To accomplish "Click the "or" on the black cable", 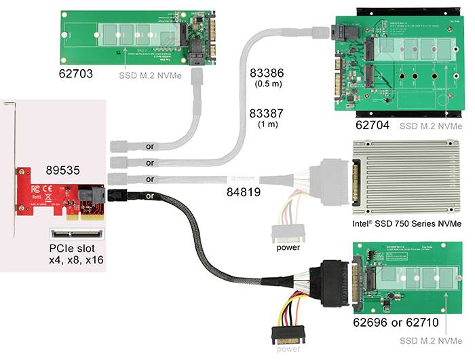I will click(150, 196).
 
